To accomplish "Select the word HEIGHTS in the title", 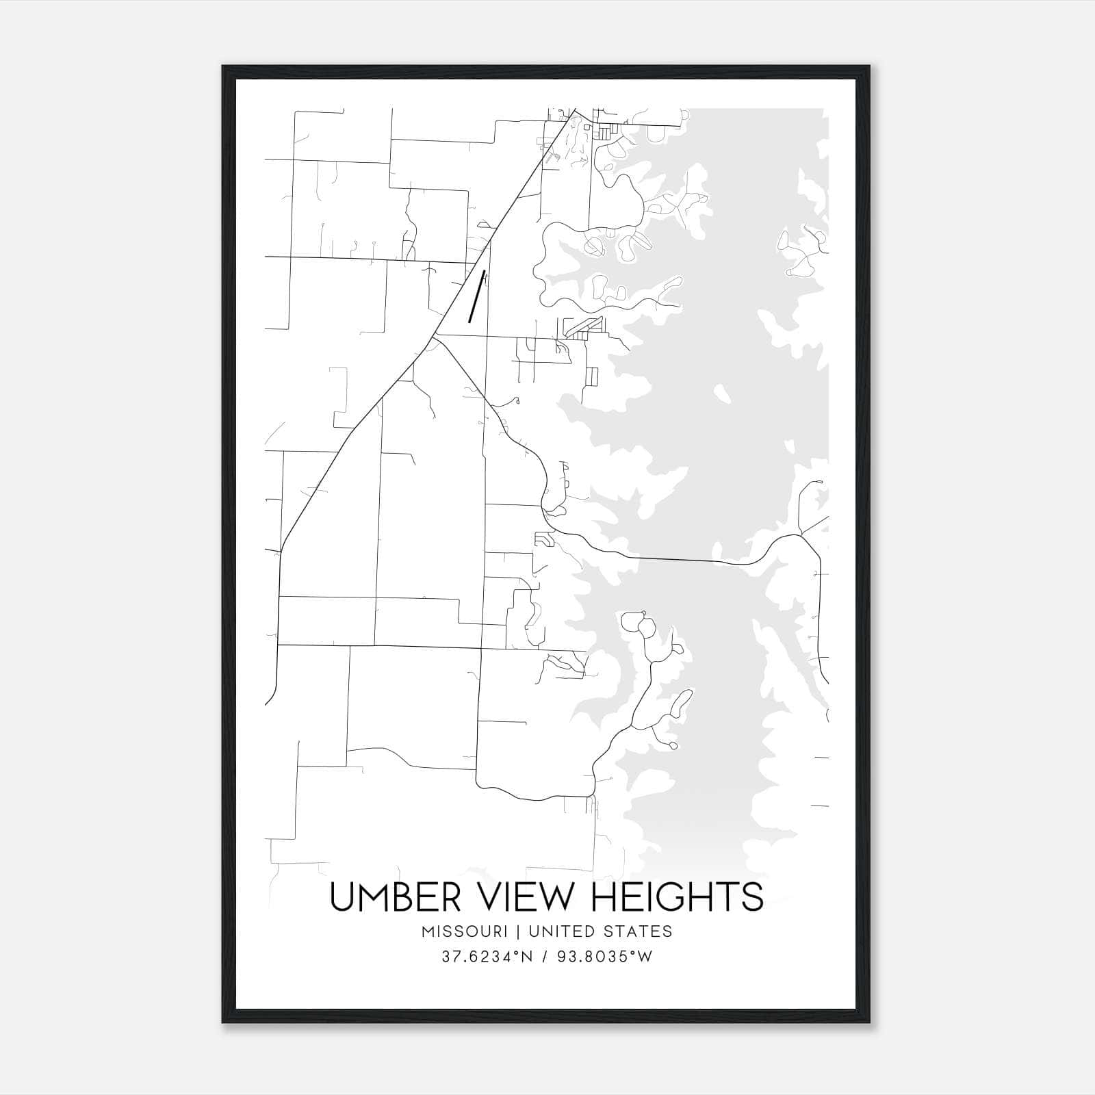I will tap(676, 897).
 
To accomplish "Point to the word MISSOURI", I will tap(465, 931).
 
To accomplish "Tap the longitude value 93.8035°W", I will tap(603, 957).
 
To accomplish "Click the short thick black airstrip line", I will tap(476, 296).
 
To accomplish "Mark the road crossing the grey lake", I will tap(678, 560).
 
